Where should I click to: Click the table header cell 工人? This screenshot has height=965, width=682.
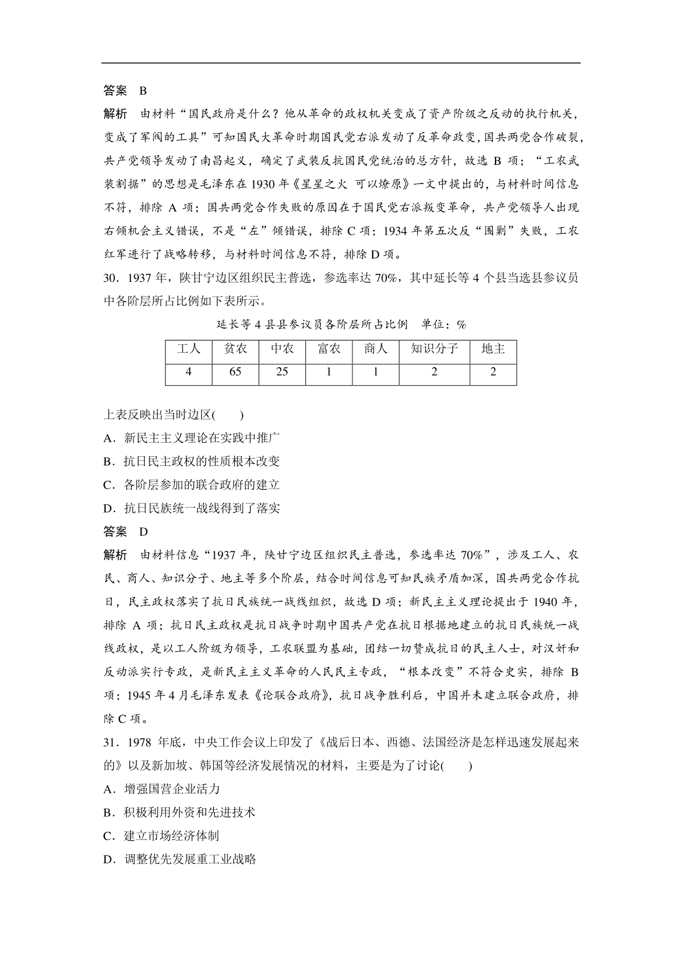click(x=188, y=349)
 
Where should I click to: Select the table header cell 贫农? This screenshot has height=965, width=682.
click(x=235, y=349)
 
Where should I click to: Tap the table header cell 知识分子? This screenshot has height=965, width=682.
click(x=434, y=349)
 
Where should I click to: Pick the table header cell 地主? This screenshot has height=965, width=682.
click(x=493, y=349)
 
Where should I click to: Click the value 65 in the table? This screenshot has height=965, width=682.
click(x=235, y=372)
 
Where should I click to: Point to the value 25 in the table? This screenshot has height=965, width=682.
click(x=281, y=372)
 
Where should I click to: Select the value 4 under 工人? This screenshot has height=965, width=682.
click(x=188, y=372)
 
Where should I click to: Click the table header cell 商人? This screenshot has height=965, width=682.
click(x=375, y=349)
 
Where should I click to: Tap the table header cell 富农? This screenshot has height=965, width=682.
click(x=328, y=349)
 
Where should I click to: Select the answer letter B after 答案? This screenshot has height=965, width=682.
click(x=143, y=91)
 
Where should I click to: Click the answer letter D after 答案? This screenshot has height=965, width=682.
click(x=143, y=532)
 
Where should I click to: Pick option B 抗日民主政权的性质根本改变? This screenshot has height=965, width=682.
click(x=193, y=461)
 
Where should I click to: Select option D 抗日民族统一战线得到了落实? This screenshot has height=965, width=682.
click(x=193, y=508)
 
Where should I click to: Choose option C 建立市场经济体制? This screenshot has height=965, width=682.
click(x=162, y=835)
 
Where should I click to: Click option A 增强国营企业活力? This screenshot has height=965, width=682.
click(x=163, y=789)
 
